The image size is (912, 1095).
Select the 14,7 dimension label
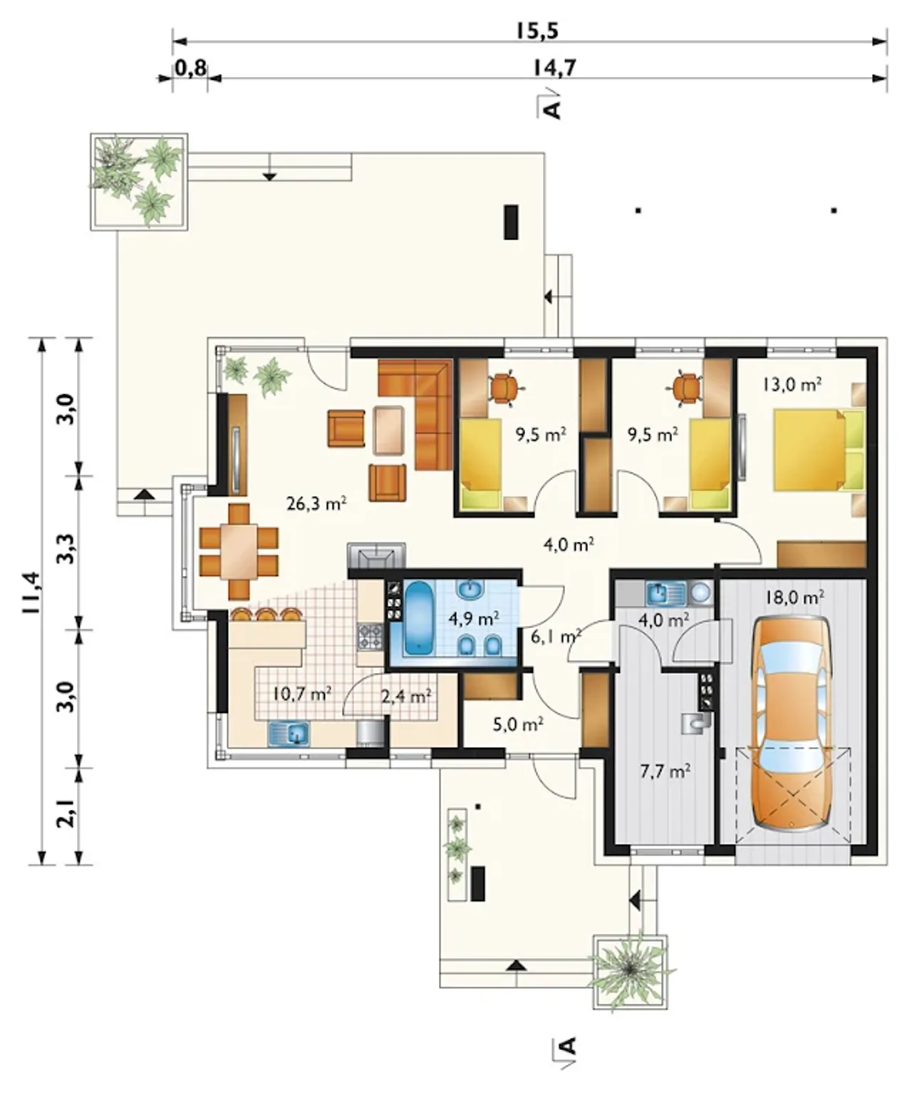point(554,68)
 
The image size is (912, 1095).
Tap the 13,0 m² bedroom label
point(792,385)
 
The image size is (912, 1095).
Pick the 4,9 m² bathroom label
point(474,618)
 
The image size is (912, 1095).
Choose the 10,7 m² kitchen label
point(301,694)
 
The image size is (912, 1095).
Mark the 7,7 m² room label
point(665,771)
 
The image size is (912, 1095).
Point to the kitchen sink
point(289,733)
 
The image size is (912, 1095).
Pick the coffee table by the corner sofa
point(388,430)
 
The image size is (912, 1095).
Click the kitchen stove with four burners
point(370,637)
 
